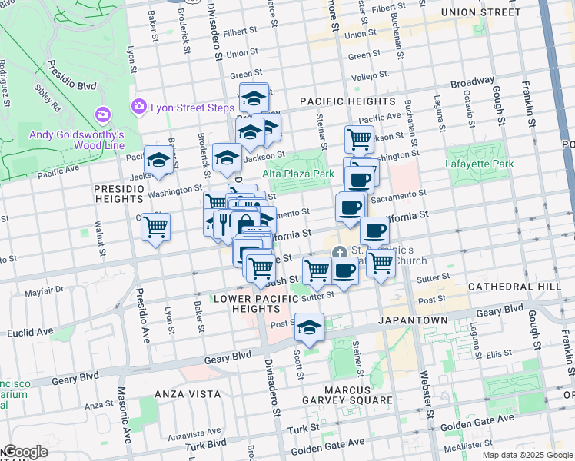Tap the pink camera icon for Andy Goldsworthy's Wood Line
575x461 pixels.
coord(102,115)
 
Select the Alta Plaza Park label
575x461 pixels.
coord(298,174)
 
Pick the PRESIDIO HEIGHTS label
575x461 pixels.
coord(119,194)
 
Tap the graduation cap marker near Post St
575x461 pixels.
coord(310,328)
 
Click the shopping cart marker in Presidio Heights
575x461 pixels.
coord(156,227)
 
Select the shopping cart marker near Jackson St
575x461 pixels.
coord(359,140)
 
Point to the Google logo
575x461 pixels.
coord(25,452)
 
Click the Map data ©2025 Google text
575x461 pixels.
coord(527,455)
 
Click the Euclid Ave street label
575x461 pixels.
coord(31,333)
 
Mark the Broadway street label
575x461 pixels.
coord(472,81)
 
